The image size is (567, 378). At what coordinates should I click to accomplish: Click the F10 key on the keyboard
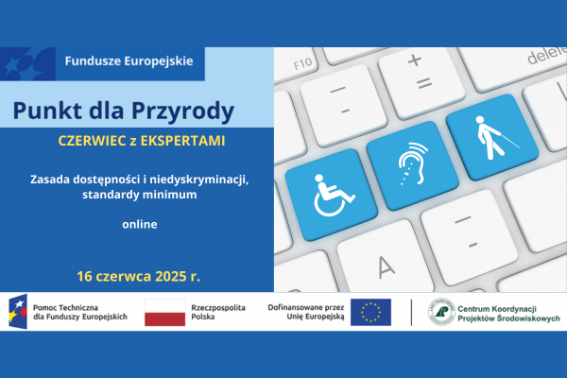click(x=304, y=63)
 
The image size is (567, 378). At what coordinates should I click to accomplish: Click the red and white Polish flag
click(x=164, y=313)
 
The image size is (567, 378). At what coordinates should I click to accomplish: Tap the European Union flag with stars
click(x=370, y=313)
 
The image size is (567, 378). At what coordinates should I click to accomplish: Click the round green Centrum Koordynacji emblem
click(x=439, y=313)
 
